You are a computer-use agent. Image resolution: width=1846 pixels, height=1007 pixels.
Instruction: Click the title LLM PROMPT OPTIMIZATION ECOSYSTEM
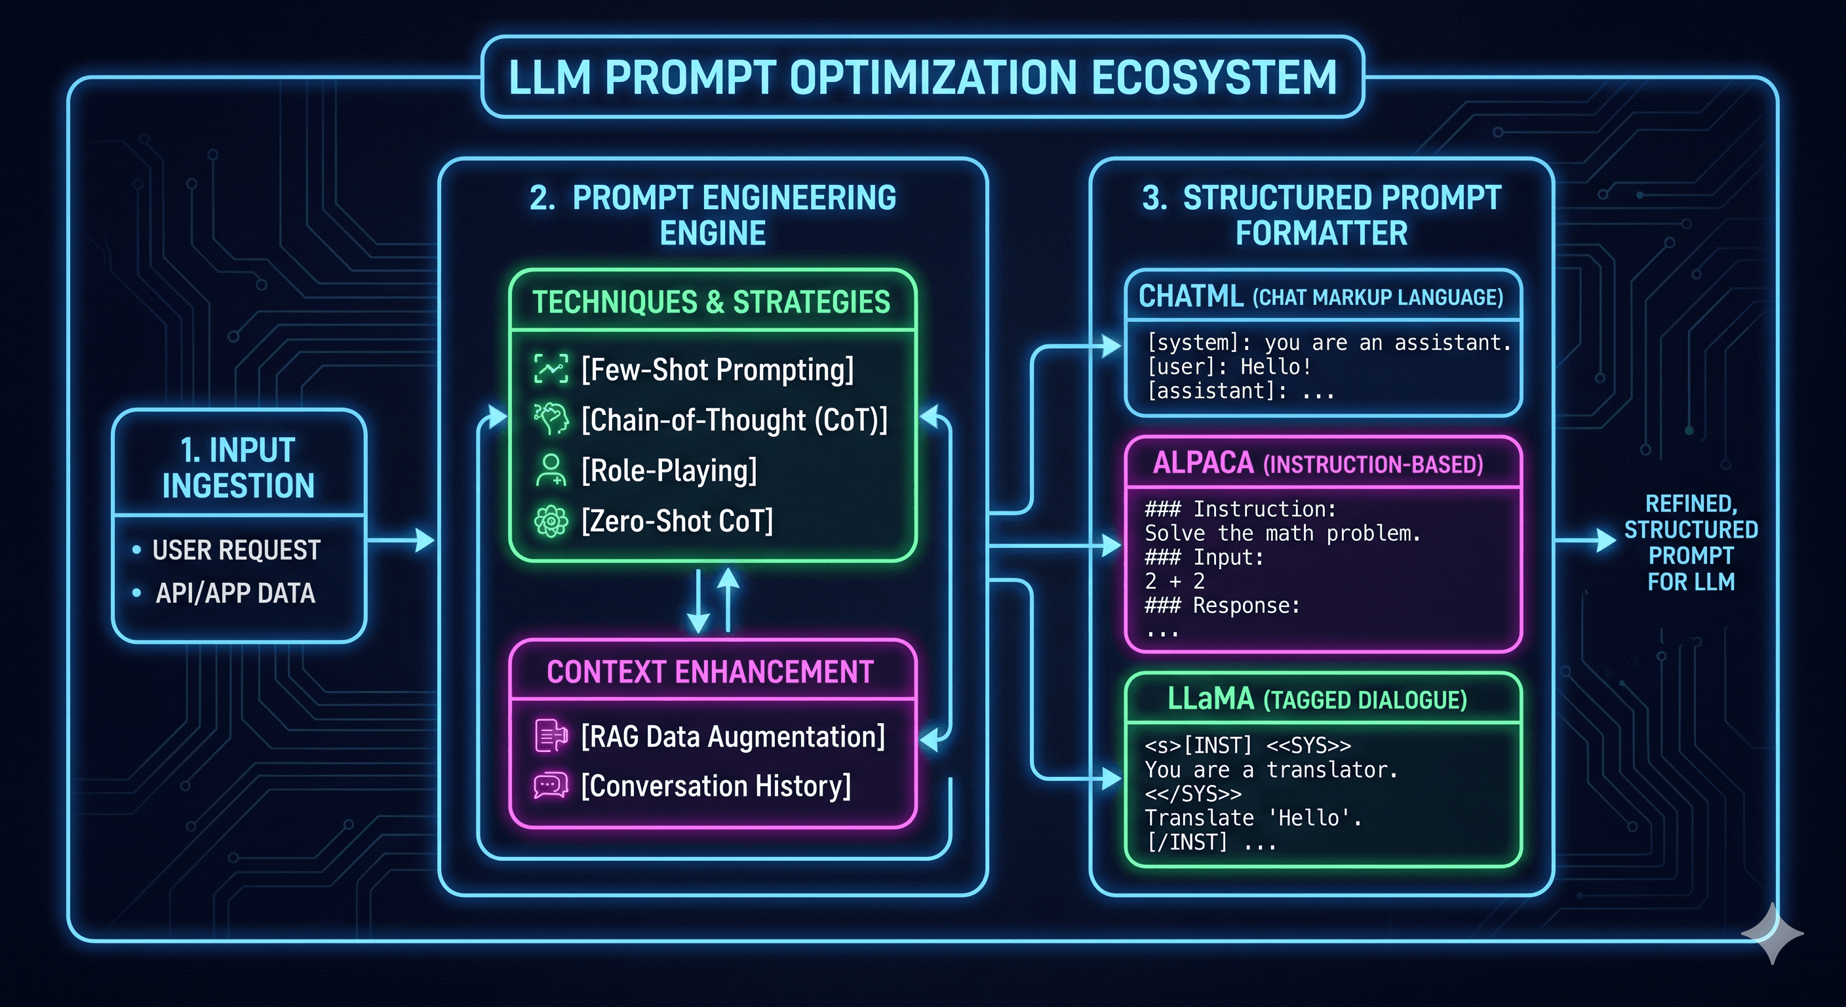(922, 77)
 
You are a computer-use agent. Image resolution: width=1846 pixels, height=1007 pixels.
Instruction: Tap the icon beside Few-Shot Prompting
(551, 369)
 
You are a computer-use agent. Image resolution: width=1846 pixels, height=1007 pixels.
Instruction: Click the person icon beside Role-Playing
(551, 470)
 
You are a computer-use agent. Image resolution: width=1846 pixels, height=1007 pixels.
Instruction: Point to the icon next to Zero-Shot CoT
(551, 521)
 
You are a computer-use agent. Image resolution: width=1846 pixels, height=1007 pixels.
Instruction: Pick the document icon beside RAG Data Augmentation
(551, 736)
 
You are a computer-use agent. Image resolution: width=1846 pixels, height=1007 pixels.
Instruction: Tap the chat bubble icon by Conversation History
(551, 785)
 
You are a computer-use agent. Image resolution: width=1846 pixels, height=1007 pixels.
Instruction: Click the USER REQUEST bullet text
(236, 550)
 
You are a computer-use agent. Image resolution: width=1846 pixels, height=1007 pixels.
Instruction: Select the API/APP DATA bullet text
(235, 593)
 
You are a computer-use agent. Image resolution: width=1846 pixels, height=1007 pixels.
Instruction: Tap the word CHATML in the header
(1190, 296)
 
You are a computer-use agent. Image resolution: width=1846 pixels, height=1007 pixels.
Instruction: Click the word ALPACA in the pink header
(1203, 463)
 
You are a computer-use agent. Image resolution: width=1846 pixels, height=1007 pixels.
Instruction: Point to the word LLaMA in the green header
(1210, 699)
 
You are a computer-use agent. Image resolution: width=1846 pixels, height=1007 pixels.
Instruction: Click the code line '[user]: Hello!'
(1229, 367)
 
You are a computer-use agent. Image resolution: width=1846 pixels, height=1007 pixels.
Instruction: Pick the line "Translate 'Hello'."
(1253, 818)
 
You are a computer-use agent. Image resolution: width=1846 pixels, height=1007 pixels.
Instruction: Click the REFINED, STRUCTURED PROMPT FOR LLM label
(1691, 543)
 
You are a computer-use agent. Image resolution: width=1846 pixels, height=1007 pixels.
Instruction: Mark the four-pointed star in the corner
(1771, 933)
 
